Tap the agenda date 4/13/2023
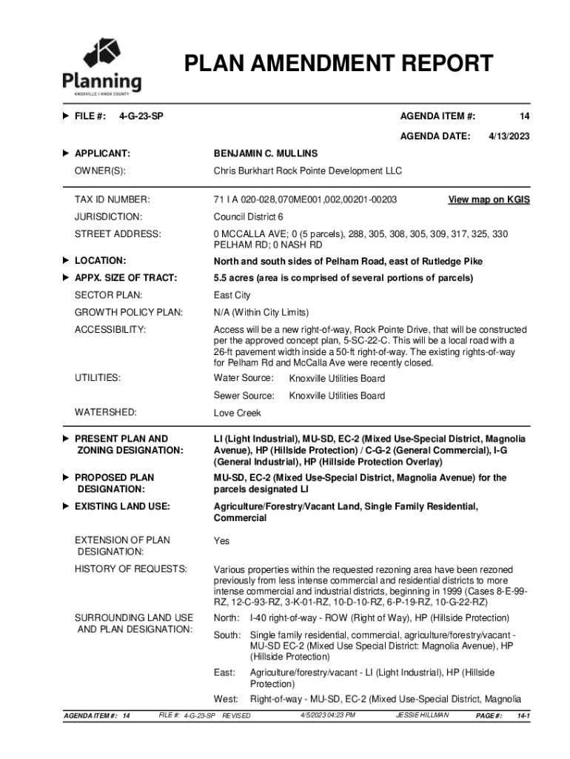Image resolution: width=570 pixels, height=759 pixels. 509,136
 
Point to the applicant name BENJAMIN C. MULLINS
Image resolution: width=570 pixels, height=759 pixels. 266,153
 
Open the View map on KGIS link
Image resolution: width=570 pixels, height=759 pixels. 489,199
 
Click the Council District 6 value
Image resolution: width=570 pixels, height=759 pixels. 248,217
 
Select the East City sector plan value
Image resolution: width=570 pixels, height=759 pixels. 232,295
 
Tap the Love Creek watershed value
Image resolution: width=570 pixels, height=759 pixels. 237,412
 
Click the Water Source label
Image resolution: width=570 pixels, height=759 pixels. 244,379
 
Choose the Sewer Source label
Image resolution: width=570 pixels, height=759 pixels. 244,396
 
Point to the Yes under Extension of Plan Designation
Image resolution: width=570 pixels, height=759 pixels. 221,541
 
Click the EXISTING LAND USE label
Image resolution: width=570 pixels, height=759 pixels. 122,506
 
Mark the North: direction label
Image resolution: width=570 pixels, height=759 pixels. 227,618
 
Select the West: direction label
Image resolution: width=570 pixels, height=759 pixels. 226,699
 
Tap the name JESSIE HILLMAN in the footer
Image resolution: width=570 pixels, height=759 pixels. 423,715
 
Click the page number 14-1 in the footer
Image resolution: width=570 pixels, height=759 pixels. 523,716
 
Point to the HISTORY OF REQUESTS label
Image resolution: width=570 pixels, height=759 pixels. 131,569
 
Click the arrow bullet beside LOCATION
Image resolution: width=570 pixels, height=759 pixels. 66,261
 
